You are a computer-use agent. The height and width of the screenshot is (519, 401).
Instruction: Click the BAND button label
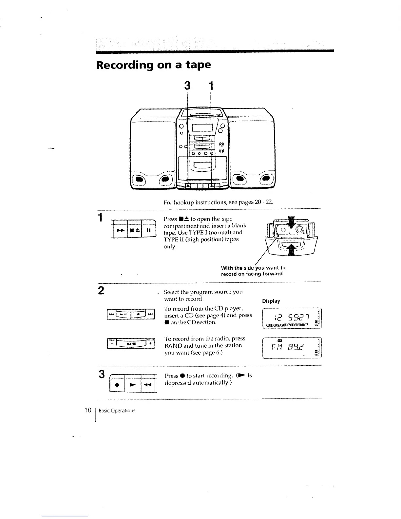131,344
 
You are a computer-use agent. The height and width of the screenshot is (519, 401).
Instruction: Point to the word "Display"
271,301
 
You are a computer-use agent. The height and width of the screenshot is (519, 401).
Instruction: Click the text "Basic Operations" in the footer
117,411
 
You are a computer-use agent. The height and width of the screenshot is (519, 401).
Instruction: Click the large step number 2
102,291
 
